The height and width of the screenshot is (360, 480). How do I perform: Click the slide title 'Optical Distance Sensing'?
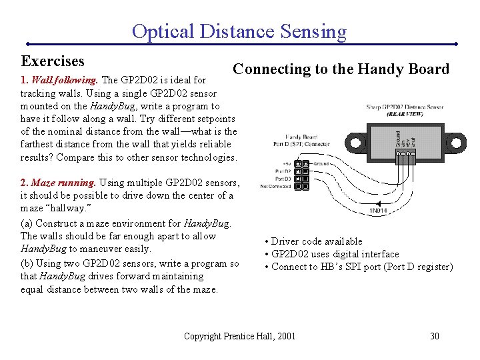(239, 31)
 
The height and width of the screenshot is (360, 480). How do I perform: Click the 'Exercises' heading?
(53, 61)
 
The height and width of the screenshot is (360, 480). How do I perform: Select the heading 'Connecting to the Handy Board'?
(341, 69)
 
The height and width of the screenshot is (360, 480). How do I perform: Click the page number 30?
(434, 335)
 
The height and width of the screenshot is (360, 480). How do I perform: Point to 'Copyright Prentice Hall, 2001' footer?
(239, 335)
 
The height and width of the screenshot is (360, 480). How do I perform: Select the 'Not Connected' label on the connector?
(275, 187)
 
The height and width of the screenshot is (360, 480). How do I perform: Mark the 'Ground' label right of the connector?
(323, 163)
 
